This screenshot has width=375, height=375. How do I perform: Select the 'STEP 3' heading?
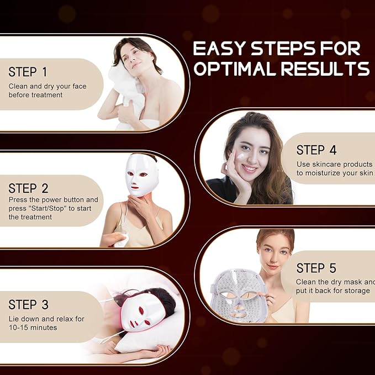click(29, 304)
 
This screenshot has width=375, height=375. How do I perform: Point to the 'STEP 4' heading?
click(316, 150)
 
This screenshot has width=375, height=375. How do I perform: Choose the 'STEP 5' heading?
click(316, 268)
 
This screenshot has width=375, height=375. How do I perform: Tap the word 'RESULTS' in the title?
click(325, 68)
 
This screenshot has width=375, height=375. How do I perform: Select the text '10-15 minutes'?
click(33, 328)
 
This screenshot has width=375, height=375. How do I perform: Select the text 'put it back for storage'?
click(333, 291)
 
